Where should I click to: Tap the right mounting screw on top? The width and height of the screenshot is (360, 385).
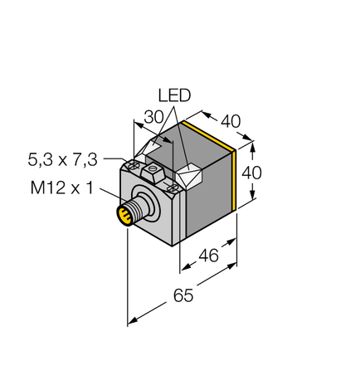pos(172,189)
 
